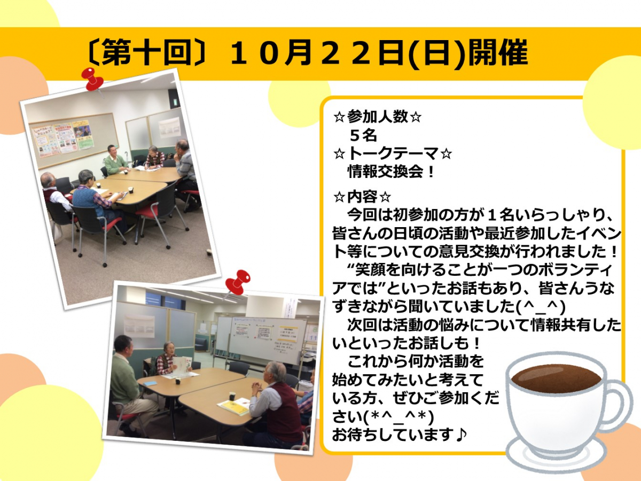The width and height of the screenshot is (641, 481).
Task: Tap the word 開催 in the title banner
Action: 498,53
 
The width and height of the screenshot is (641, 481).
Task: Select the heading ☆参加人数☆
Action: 377,117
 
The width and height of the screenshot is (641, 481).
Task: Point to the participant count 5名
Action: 363,136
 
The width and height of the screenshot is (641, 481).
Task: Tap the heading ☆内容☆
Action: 362,197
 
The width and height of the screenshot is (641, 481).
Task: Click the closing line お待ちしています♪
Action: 399,435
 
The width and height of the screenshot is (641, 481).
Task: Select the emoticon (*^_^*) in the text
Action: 398,417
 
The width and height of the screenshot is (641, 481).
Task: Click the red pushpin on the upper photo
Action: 92,80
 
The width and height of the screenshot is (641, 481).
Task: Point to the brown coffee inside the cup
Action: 556,379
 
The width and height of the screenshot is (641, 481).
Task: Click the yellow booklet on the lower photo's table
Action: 235,406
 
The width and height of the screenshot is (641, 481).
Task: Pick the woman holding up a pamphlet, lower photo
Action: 170,360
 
